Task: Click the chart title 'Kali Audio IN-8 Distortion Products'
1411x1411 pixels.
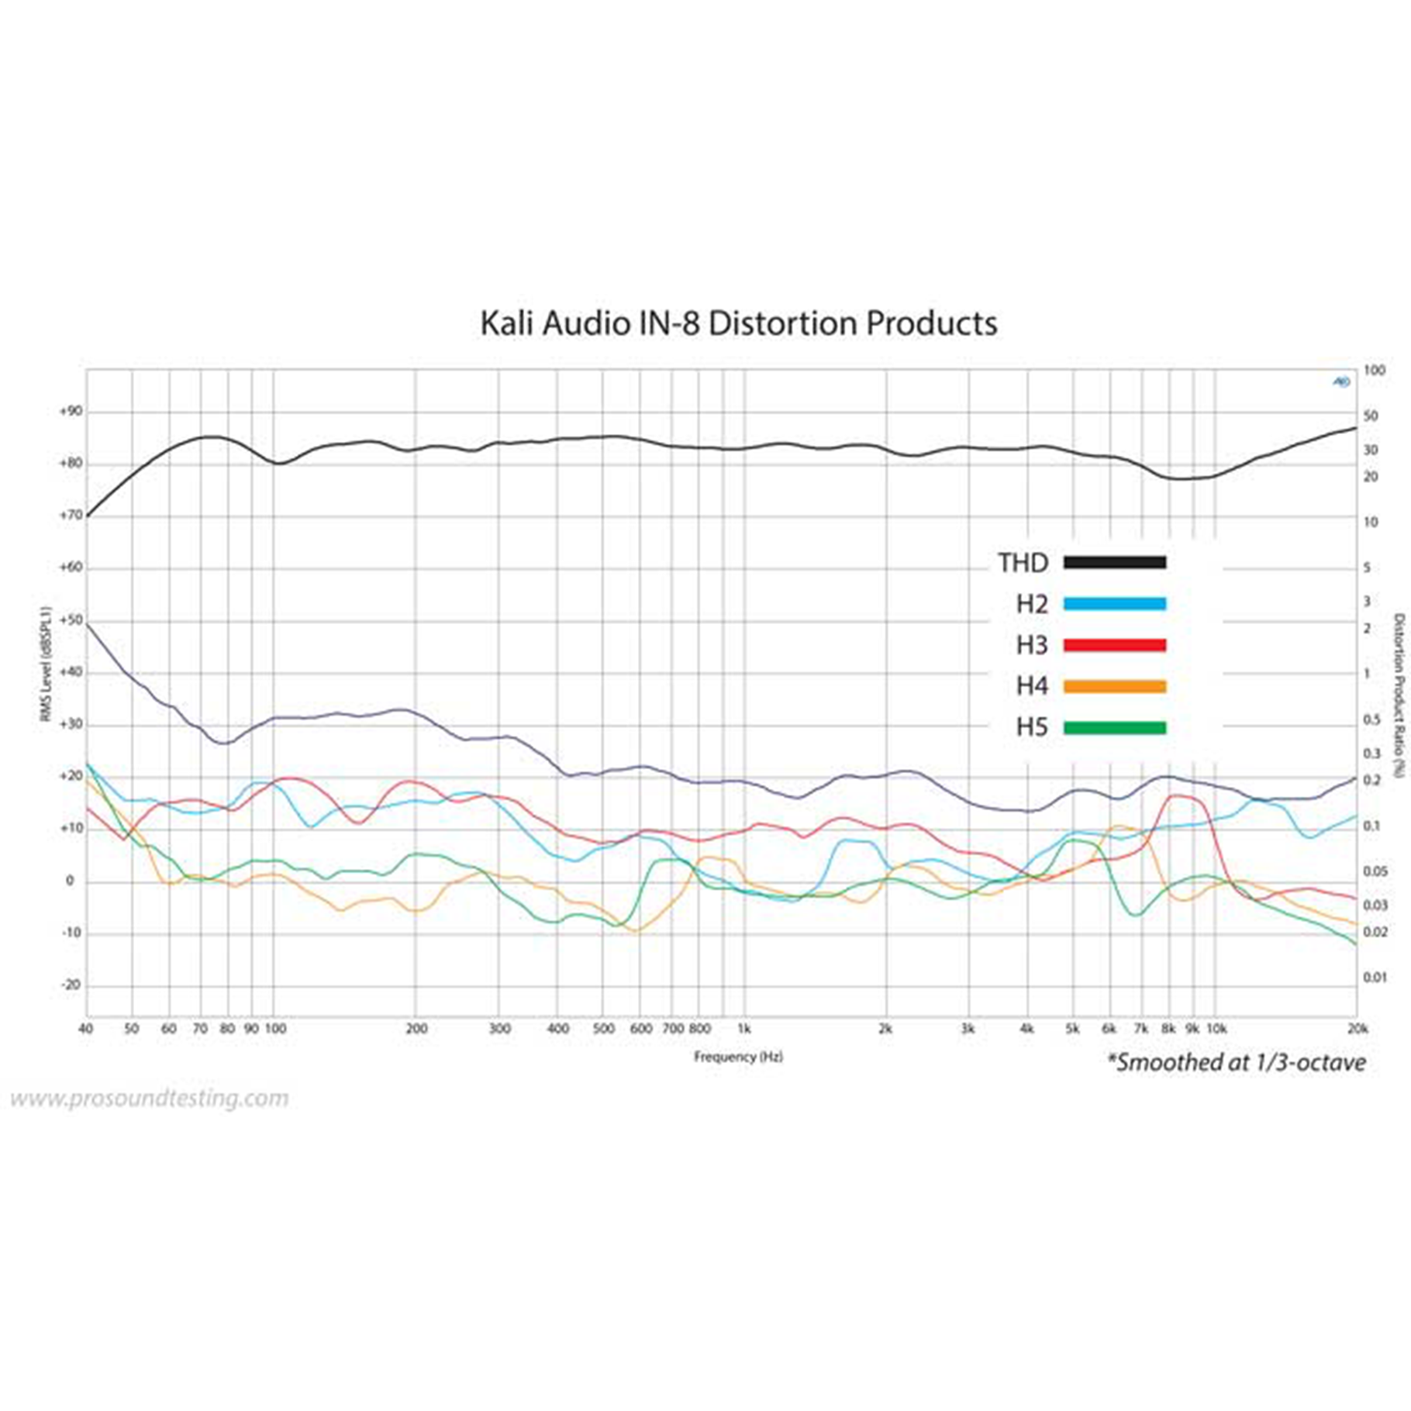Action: pos(738,323)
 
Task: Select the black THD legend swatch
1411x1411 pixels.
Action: pos(1114,563)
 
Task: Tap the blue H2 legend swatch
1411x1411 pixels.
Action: pos(1114,604)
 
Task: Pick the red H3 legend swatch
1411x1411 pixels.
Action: pos(1114,645)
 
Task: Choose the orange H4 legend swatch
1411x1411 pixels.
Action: pos(1114,686)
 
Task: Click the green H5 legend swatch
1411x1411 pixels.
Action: pos(1114,727)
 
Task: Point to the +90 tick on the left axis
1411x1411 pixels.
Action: pos(71,412)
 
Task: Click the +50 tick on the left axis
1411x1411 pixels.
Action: pos(71,620)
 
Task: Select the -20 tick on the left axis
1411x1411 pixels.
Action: pos(71,985)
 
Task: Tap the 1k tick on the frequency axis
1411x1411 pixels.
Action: pos(743,1029)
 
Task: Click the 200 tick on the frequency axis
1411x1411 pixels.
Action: pos(416,1029)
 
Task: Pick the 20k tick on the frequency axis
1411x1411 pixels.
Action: pos(1357,1029)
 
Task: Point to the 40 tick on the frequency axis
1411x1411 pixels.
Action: pos(86,1029)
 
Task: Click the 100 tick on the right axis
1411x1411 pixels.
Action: pos(1374,371)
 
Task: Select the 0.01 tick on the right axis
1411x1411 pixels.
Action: pos(1376,978)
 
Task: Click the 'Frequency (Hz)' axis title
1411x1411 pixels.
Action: pos(738,1057)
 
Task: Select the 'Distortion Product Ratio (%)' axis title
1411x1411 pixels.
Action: pos(1399,695)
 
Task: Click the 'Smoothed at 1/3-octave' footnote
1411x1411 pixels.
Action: pos(1237,1062)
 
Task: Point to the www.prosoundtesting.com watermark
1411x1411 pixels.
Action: pos(149,1099)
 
